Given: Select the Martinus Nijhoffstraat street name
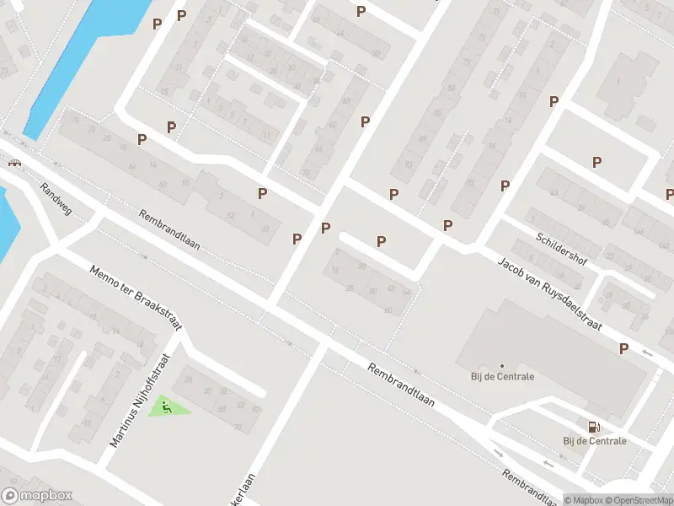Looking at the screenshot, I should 141,400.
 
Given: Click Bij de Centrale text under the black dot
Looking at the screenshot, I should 502,376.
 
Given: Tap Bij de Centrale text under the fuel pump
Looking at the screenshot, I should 595,441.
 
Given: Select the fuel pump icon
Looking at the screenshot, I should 595,428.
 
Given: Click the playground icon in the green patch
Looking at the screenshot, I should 167,409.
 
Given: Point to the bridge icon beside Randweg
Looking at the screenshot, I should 14,164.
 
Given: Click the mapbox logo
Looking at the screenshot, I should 36,495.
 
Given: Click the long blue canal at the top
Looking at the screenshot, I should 67,59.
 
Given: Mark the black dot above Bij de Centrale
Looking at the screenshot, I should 502,365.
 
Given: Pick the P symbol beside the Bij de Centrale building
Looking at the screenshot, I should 623,347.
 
